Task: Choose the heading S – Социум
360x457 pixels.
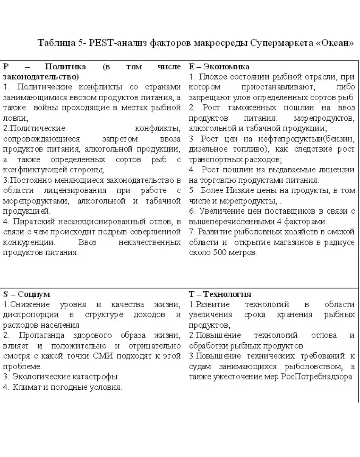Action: click(27, 294)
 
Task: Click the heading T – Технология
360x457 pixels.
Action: click(220, 294)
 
